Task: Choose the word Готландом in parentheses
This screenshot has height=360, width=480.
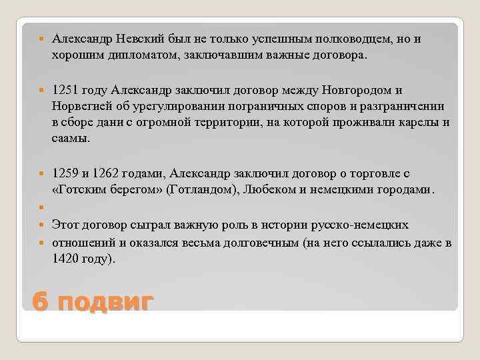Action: pyautogui.click(x=207, y=189)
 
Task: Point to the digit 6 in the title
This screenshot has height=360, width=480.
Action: pyautogui.click(x=40, y=302)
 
